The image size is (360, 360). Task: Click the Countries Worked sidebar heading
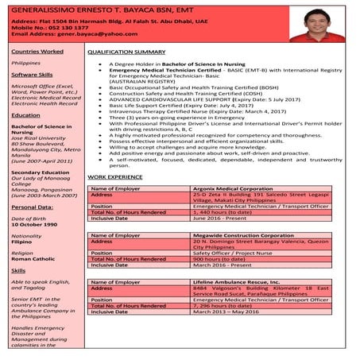37,51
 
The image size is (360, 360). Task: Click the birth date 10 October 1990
37,223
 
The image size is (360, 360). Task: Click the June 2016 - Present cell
217,219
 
